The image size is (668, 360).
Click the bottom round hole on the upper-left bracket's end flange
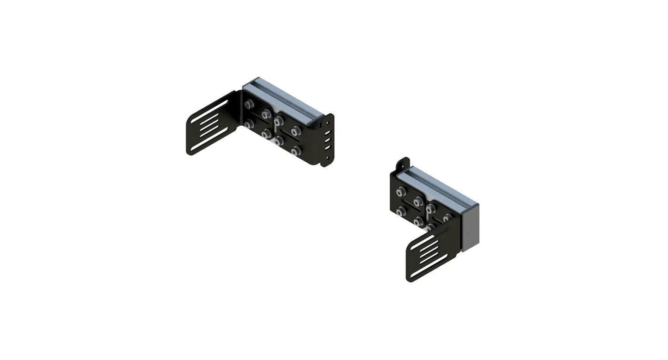[x=328, y=157]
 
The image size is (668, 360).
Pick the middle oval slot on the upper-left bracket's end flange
[x=328, y=139]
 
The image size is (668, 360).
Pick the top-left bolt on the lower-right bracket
[x=401, y=190]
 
